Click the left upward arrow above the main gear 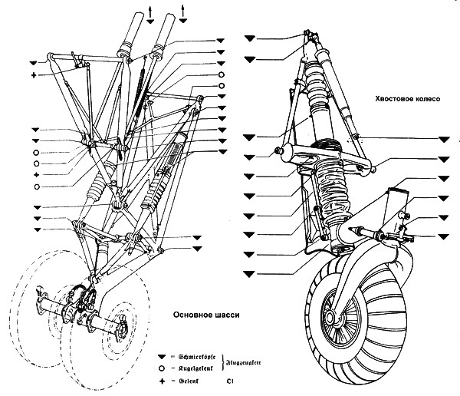150,8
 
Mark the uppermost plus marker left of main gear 34,75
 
